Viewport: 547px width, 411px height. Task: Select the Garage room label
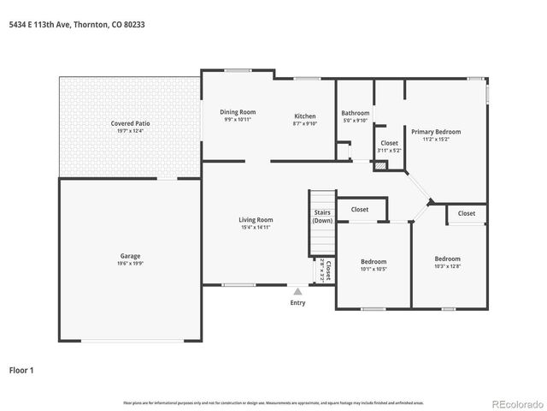pyautogui.click(x=130, y=255)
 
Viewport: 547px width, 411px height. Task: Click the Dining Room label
pyautogui.click(x=238, y=112)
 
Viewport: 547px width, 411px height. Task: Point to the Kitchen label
pyautogui.click(x=305, y=116)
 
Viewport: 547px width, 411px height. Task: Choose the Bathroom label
pyautogui.click(x=355, y=113)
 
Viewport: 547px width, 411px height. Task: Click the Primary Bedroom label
pyautogui.click(x=436, y=132)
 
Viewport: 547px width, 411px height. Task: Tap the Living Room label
pyautogui.click(x=256, y=220)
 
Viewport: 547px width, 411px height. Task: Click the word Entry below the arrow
pyautogui.click(x=297, y=302)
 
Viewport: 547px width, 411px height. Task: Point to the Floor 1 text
pyautogui.click(x=21, y=371)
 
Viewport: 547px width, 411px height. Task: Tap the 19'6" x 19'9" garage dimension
pyautogui.click(x=130, y=263)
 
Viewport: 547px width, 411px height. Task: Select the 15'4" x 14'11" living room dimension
pyautogui.click(x=256, y=228)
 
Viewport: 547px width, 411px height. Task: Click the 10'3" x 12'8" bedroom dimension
pyautogui.click(x=447, y=266)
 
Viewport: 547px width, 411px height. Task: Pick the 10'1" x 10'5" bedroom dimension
pyautogui.click(x=373, y=269)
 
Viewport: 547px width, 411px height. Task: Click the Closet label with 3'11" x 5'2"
pyautogui.click(x=389, y=151)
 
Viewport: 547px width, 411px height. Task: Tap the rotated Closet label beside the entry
pyautogui.click(x=327, y=271)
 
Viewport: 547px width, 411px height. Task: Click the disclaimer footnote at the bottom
pyautogui.click(x=273, y=402)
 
